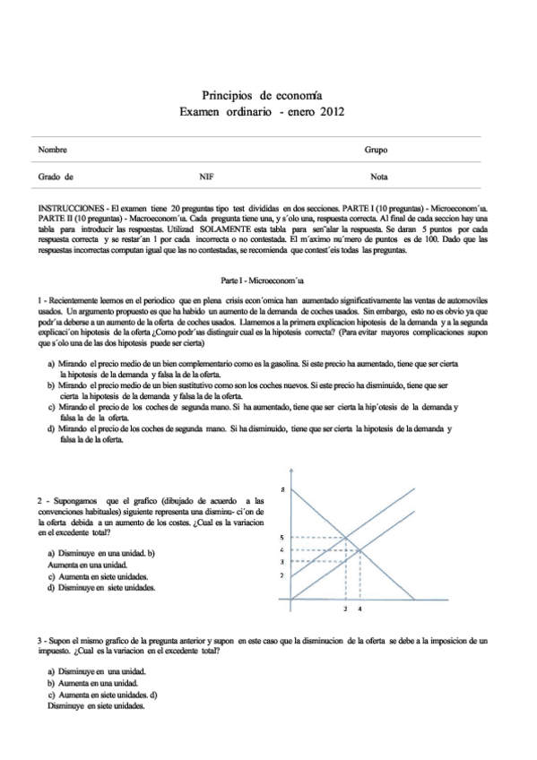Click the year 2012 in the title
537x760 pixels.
(328, 112)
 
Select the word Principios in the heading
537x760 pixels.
(227, 95)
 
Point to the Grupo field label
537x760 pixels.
(376, 150)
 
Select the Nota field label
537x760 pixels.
(378, 177)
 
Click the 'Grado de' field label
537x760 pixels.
(56, 177)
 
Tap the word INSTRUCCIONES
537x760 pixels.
(70, 219)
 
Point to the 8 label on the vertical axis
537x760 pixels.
(283, 490)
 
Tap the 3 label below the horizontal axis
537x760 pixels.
(346, 609)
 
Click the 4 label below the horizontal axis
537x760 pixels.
(360, 609)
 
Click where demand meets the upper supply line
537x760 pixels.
(346, 538)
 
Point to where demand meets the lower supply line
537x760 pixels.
(360, 549)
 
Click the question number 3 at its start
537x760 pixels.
(39, 642)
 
